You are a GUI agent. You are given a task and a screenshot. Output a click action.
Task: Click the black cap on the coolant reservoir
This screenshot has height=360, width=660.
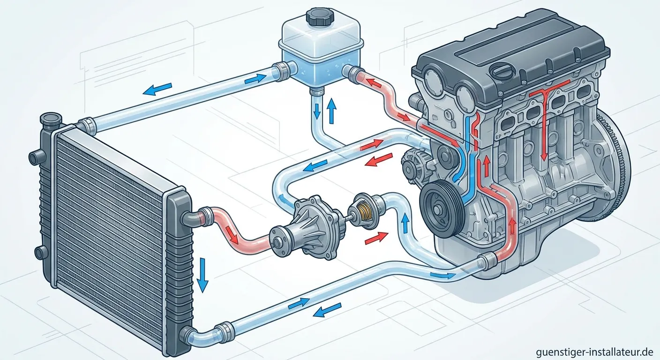pos(320,17)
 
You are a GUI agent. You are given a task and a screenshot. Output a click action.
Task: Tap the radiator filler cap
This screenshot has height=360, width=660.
pos(51,121)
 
